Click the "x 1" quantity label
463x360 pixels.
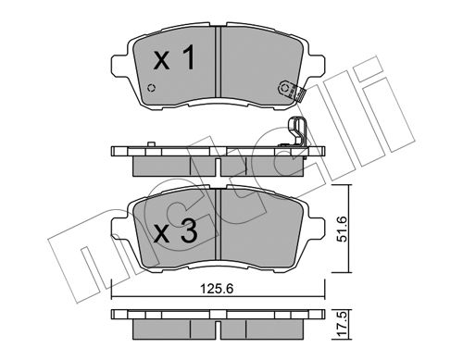coord(174,57)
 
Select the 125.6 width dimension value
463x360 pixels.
coord(217,289)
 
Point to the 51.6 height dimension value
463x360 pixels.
coord(342,229)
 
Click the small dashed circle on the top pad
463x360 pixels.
coord(151,88)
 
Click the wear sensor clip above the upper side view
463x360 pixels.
coord(298,131)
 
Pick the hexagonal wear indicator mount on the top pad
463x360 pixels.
coord(284,89)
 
